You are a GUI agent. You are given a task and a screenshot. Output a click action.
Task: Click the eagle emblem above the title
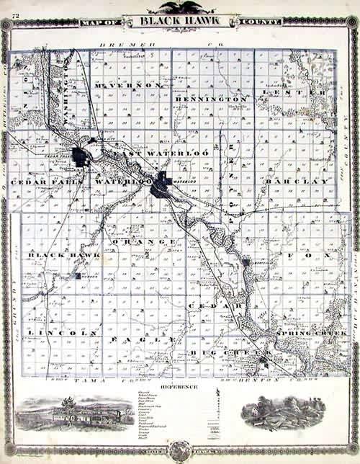click(179, 7)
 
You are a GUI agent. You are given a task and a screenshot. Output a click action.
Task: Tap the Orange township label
click(145, 241)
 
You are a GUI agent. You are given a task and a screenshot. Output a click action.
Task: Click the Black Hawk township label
click(53, 255)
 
